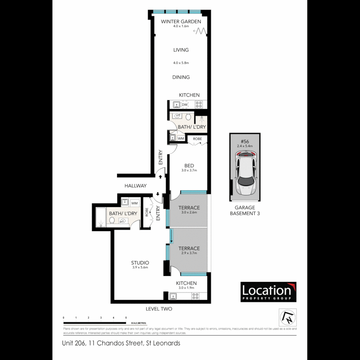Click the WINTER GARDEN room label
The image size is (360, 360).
[x=181, y=22]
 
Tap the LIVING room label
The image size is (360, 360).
[x=181, y=50]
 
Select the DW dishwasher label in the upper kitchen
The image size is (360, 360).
[x=184, y=105]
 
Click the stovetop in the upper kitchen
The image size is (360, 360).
[x=199, y=105]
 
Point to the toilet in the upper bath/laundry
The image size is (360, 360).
[x=188, y=117]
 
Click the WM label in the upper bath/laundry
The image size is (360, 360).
[x=181, y=138]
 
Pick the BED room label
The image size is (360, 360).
[x=189, y=166]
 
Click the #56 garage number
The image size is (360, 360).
[x=245, y=141]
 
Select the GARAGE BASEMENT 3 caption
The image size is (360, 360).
[x=245, y=210]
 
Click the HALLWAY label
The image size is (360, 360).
[x=135, y=186]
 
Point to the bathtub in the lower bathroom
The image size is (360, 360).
[x=100, y=217]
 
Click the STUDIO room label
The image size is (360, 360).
[x=140, y=263]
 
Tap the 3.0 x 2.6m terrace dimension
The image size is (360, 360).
[x=189, y=212]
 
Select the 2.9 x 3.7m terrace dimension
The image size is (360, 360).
[x=189, y=253]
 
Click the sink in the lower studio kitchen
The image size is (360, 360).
[x=173, y=296]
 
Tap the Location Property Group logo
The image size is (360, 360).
[x=268, y=292]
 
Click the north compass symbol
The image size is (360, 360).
[x=287, y=317]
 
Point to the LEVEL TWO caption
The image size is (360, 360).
[x=159, y=309]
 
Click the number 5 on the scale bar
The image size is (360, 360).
[x=126, y=318]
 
